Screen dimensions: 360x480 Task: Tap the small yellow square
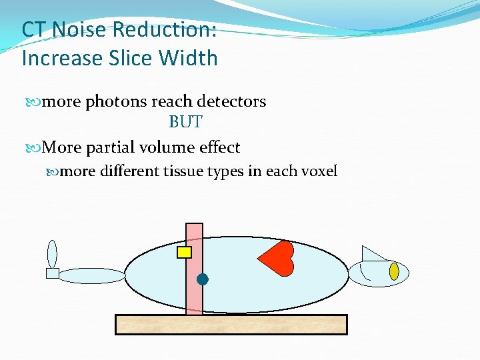tap(184, 252)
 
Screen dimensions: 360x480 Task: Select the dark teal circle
tap(203, 279)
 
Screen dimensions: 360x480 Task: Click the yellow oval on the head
tap(394, 271)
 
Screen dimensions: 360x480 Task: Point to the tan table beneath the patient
tap(231, 324)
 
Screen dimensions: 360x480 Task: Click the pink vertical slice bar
tap(194, 300)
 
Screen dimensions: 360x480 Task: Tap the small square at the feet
tap(52, 273)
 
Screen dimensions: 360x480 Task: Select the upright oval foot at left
tap(52, 253)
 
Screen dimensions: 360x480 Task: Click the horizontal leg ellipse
tap(92, 275)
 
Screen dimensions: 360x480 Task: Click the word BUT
tap(185, 123)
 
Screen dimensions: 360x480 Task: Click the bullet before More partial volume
tap(37, 147)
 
